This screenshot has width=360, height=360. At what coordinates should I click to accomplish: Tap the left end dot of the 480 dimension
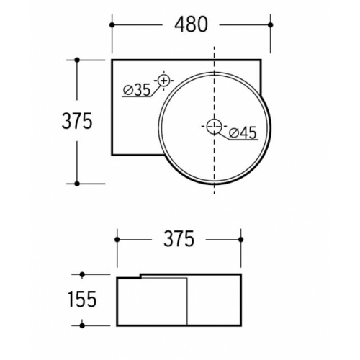pyautogui.click(x=112, y=24)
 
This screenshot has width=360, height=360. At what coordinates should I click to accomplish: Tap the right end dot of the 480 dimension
pyautogui.click(x=271, y=24)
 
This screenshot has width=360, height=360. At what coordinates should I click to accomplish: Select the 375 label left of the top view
pyautogui.click(x=76, y=122)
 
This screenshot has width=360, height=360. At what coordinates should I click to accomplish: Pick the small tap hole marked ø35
pyautogui.click(x=164, y=81)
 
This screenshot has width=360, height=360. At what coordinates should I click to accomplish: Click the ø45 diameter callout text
pyautogui.click(x=243, y=132)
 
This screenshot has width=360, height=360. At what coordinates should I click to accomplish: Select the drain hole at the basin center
pyautogui.click(x=214, y=127)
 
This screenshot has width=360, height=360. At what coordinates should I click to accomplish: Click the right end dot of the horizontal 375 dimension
pyautogui.click(x=240, y=239)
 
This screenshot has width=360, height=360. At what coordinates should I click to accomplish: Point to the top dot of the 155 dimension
pyautogui.click(x=83, y=274)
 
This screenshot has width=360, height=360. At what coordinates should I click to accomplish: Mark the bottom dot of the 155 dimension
pyautogui.click(x=83, y=324)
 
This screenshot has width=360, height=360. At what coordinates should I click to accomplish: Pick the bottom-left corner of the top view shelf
pyautogui.click(x=113, y=156)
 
